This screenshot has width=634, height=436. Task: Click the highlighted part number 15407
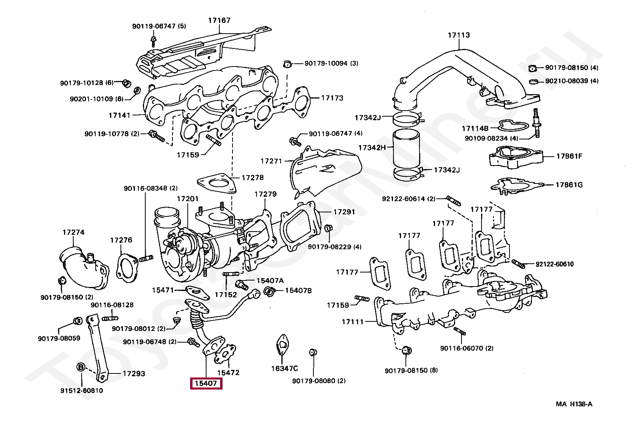[x=206, y=384]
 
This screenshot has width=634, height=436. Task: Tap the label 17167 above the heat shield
[x=219, y=20]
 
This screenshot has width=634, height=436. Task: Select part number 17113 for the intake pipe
[x=459, y=35]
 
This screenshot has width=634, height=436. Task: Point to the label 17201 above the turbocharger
[x=188, y=199]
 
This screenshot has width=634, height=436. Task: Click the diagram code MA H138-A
[x=574, y=404]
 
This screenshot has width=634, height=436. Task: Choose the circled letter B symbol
[x=81, y=367]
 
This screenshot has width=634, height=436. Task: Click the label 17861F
[x=570, y=156]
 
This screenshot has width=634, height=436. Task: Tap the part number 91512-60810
[x=82, y=391]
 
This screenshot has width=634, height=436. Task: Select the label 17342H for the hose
[x=372, y=147]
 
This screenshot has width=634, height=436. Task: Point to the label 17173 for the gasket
[x=332, y=98]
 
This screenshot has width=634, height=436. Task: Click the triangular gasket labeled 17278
[x=217, y=183]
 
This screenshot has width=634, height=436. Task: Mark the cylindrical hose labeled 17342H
[x=406, y=149]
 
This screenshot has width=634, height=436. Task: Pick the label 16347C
[x=285, y=369]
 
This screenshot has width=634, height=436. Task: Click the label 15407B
[x=298, y=291]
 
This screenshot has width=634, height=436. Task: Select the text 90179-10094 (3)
[x=331, y=63]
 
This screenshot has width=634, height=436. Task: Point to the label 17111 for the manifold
[x=353, y=322]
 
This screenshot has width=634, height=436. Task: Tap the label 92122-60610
[x=554, y=264]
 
